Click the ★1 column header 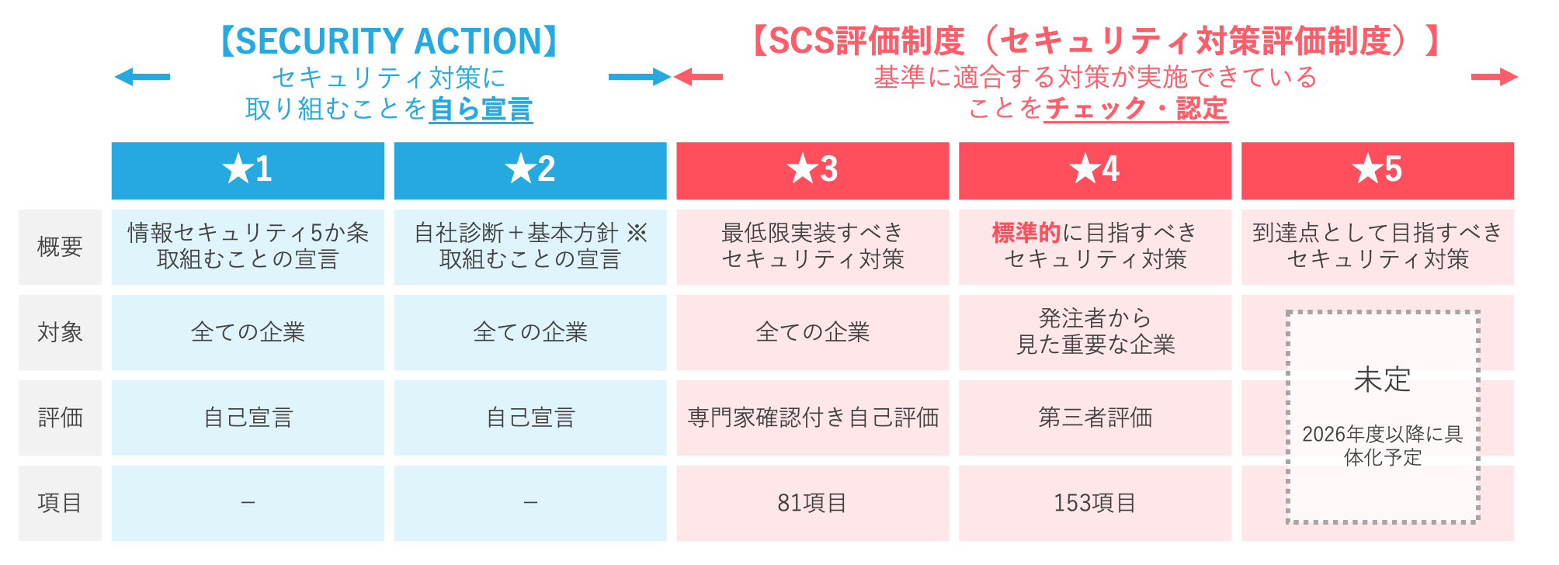(x=248, y=170)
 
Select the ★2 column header (x=530, y=170)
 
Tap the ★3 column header (x=813, y=170)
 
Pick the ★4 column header (x=1095, y=170)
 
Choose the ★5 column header (x=1377, y=170)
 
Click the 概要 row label (x=60, y=247)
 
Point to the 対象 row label (x=60, y=332)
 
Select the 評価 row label (x=60, y=418)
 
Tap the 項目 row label (x=60, y=503)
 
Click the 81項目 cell (x=812, y=503)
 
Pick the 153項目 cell (x=1095, y=503)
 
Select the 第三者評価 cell (x=1095, y=418)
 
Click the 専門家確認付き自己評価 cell (x=813, y=418)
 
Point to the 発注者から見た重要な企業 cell (x=1095, y=331)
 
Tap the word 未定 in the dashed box (x=1382, y=380)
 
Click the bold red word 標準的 (x=1026, y=232)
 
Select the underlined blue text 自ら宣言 (x=481, y=109)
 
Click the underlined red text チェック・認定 (x=1136, y=109)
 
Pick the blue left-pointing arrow (x=142, y=77)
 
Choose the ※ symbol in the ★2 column (x=637, y=232)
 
